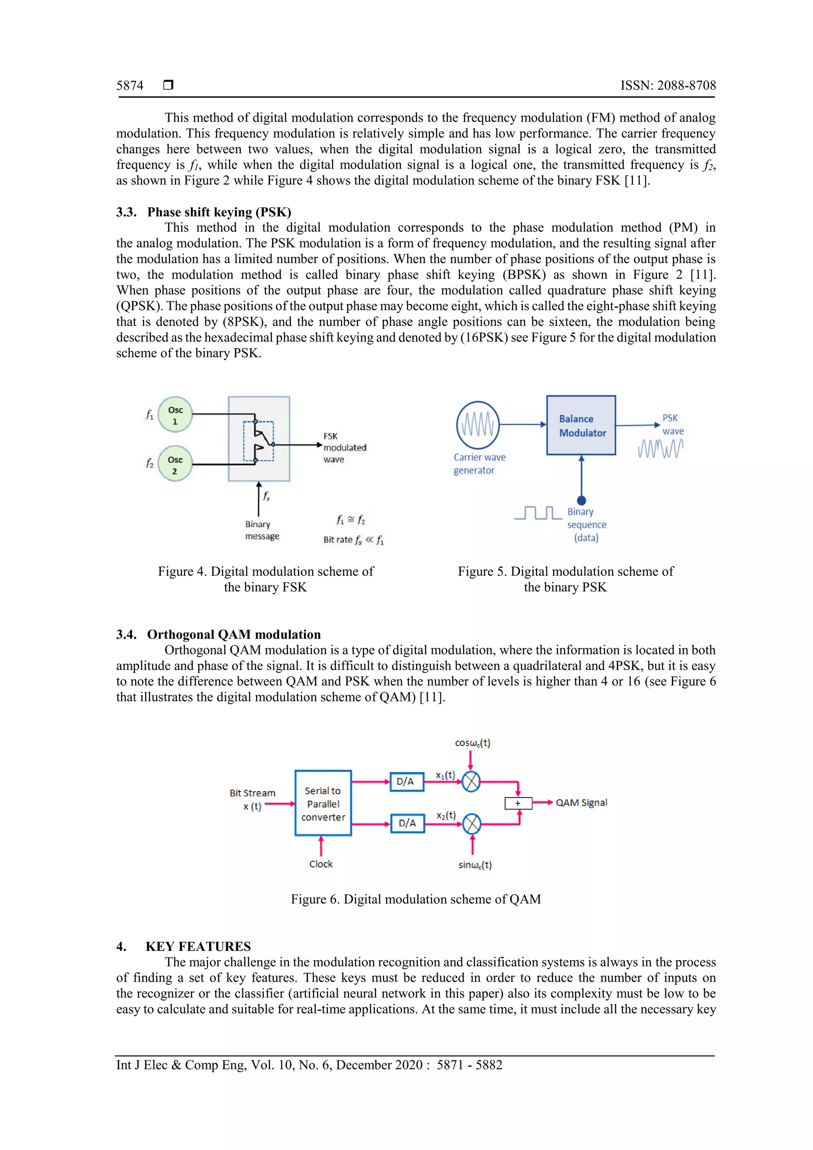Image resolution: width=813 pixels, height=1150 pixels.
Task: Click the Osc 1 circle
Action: [x=175, y=415]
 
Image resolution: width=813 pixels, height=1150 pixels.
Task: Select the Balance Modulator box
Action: [x=581, y=425]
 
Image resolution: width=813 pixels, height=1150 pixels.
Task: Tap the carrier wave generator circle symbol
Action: [x=478, y=425]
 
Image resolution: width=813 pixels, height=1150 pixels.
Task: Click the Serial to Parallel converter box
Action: [x=323, y=804]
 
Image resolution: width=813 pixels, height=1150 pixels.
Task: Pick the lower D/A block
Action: [x=407, y=823]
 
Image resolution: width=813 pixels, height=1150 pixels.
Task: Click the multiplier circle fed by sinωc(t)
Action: [x=472, y=824]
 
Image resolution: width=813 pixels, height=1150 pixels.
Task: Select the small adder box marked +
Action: [x=518, y=803]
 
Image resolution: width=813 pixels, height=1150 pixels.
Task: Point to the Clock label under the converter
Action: [x=321, y=864]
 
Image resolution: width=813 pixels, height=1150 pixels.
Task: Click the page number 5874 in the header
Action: [x=130, y=86]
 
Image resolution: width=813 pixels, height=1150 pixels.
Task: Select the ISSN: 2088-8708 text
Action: [x=668, y=86]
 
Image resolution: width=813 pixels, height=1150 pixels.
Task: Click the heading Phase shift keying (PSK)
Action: [x=219, y=212]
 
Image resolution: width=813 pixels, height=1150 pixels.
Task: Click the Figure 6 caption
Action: [x=416, y=899]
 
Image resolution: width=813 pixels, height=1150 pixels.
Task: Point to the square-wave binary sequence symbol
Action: [x=538, y=513]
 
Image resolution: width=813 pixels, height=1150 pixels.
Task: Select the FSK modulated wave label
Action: [x=344, y=448]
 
